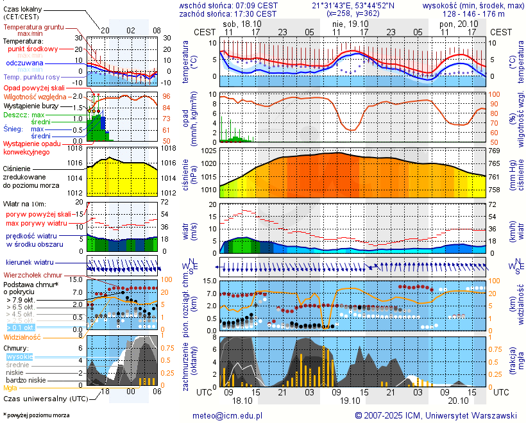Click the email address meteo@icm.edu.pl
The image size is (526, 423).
point(228,415)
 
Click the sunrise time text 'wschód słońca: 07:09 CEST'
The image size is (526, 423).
point(228,5)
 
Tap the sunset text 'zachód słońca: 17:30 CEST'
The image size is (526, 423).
point(228,13)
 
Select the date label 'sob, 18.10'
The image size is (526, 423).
point(242,24)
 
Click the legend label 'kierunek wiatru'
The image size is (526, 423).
point(30,263)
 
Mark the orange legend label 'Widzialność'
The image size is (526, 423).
point(22,336)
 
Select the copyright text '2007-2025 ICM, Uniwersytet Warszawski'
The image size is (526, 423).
point(441,415)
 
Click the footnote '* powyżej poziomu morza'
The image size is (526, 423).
point(36,415)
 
